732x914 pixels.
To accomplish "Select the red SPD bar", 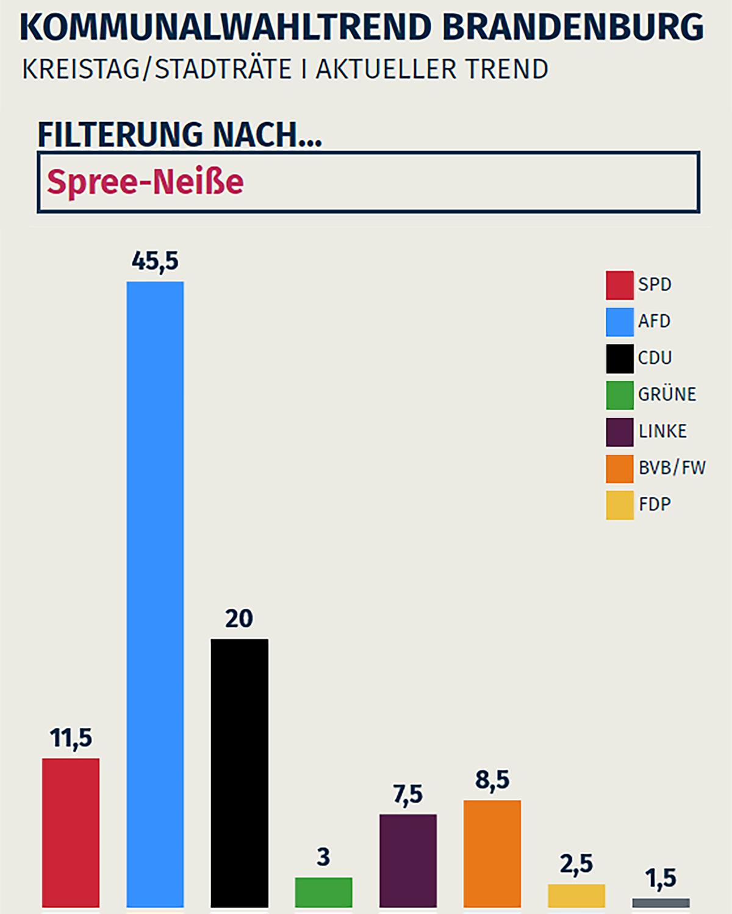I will click(x=71, y=832).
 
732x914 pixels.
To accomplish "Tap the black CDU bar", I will click(x=239, y=772).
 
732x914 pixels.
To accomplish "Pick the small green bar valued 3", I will click(x=323, y=892).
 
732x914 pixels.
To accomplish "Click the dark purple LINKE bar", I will click(x=407, y=860).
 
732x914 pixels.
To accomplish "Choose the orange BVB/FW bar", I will click(x=492, y=853).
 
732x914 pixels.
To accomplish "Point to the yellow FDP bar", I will click(x=576, y=895).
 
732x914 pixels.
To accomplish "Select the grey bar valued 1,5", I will click(x=661, y=902).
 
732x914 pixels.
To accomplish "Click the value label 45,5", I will click(x=155, y=261).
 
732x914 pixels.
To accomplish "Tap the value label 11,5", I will click(x=71, y=738).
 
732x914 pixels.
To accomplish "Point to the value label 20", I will click(x=239, y=619).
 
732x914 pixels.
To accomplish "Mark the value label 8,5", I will click(x=492, y=780).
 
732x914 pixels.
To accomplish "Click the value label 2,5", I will click(x=576, y=864).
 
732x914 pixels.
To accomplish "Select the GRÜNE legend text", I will click(x=667, y=394).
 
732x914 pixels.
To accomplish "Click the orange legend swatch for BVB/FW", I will click(x=619, y=469).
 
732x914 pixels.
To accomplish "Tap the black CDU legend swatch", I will click(x=619, y=358).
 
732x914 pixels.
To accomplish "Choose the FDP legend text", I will click(x=655, y=505).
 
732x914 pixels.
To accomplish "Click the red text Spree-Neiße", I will click(x=145, y=182).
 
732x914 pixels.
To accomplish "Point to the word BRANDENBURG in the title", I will click(x=573, y=27).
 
